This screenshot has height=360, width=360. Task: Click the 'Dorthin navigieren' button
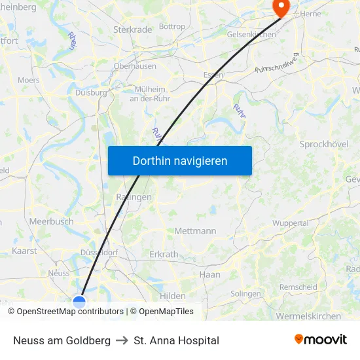pos(179,160)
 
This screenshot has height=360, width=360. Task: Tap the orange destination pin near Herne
pos(281,7)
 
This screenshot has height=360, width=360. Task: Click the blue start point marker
pos(79,301)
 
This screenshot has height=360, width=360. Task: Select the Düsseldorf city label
pos(98,252)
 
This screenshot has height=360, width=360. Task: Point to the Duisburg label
pos(91,93)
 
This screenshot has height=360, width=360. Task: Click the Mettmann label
pos(195,231)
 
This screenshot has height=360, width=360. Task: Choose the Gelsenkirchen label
pos(251,34)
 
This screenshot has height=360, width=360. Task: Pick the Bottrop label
pos(172,27)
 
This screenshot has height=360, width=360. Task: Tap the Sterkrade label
pos(132,29)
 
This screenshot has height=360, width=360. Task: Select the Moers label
pos(28,81)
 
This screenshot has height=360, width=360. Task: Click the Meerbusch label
pos(51,222)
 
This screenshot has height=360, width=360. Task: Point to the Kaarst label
pos(24,251)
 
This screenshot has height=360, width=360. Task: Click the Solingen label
pos(245,294)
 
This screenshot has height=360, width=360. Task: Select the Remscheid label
pos(298,287)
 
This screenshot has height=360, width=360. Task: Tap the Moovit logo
pos(321,340)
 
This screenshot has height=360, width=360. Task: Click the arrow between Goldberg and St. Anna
pos(122,340)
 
